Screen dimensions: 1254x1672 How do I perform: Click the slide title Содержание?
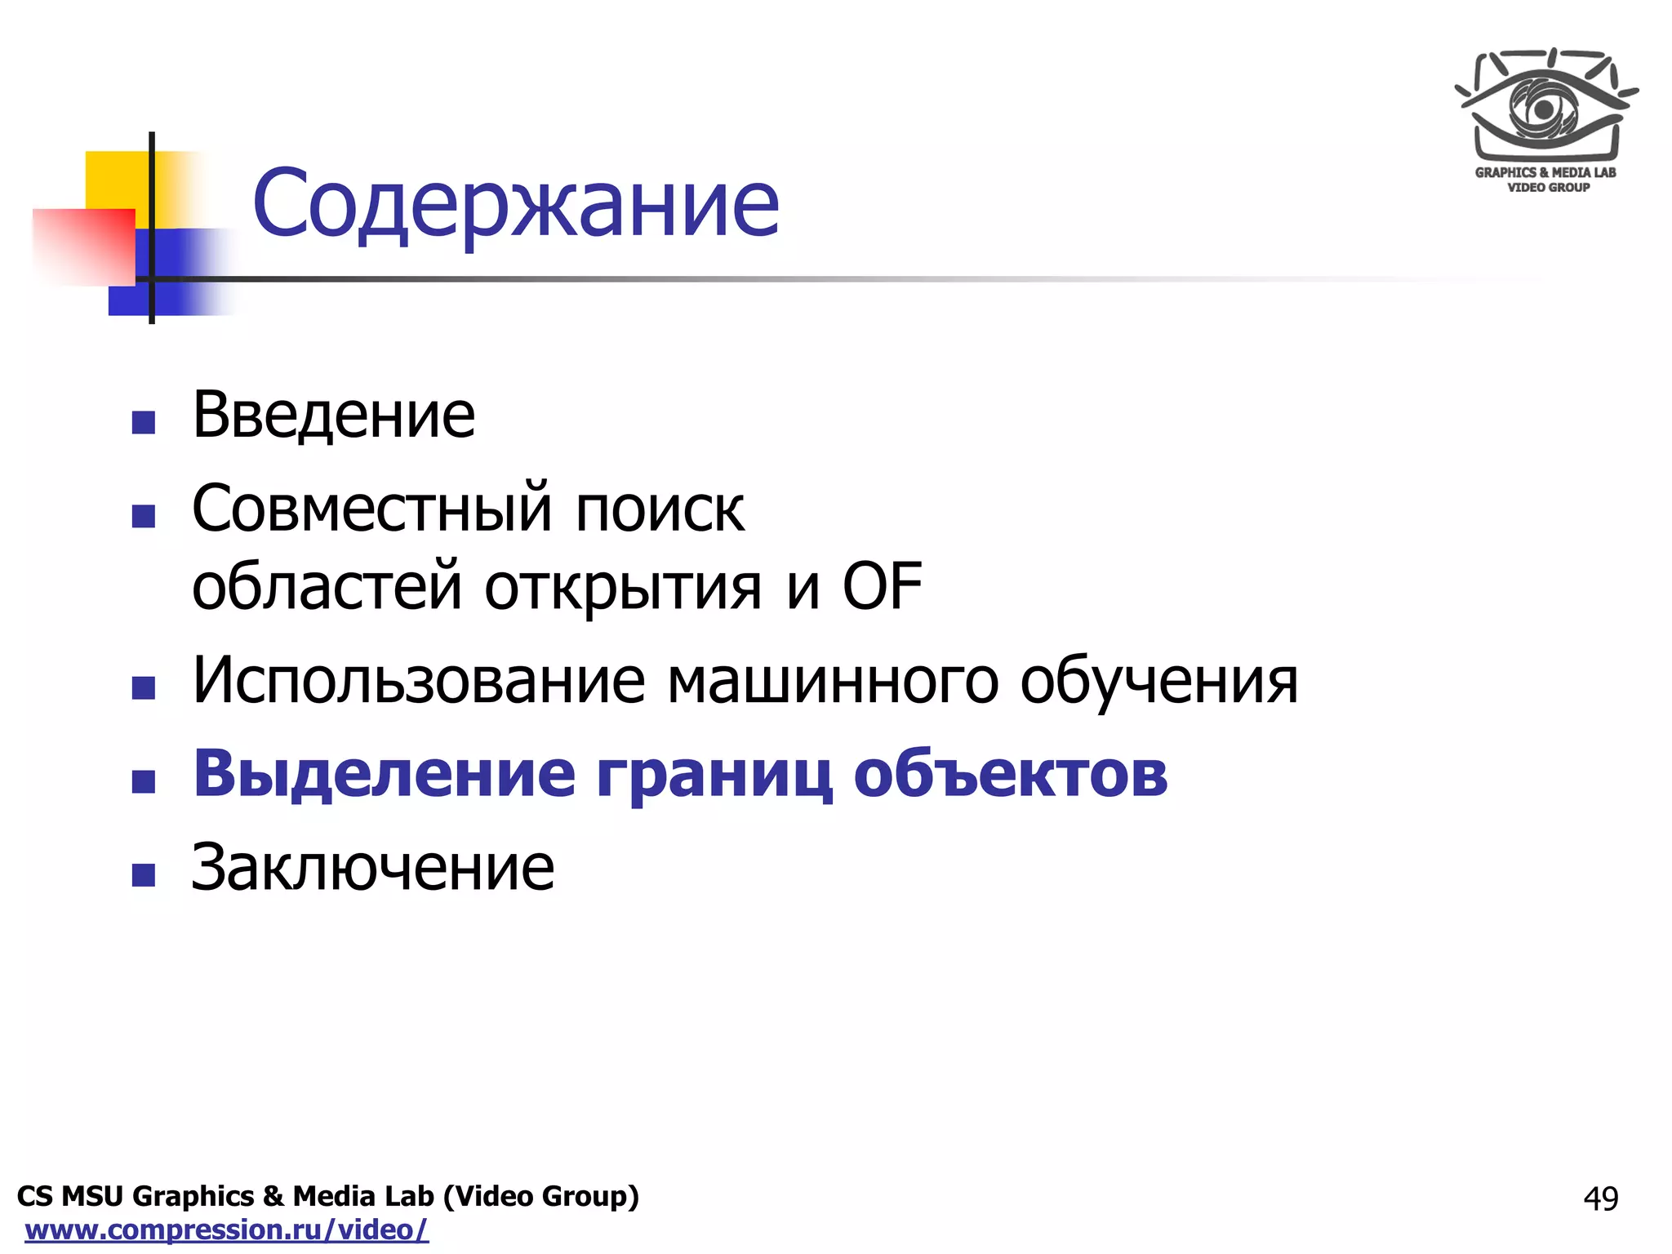pyautogui.click(x=516, y=203)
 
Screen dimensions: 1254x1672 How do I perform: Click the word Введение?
pyautogui.click(x=333, y=416)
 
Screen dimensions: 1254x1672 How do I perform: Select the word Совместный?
pyautogui.click(x=372, y=508)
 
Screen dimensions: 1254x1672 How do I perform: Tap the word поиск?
pyautogui.click(x=660, y=509)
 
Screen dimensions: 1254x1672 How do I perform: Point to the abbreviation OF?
pyautogui.click(x=882, y=586)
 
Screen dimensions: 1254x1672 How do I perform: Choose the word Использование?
pyautogui.click(x=419, y=680)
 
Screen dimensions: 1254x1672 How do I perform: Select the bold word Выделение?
pyautogui.click(x=384, y=774)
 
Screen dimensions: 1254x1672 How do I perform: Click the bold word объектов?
pyautogui.click(x=1011, y=774)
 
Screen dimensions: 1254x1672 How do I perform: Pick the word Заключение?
pyautogui.click(x=373, y=867)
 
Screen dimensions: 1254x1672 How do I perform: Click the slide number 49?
pyautogui.click(x=1600, y=1198)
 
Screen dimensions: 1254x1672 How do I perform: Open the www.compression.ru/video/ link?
pyautogui.click(x=227, y=1230)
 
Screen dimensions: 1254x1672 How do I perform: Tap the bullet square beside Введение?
pyautogui.click(x=144, y=422)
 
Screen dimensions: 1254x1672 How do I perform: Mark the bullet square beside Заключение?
pyautogui.click(x=144, y=875)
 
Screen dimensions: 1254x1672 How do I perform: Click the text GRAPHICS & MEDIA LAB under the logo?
pyautogui.click(x=1545, y=172)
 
